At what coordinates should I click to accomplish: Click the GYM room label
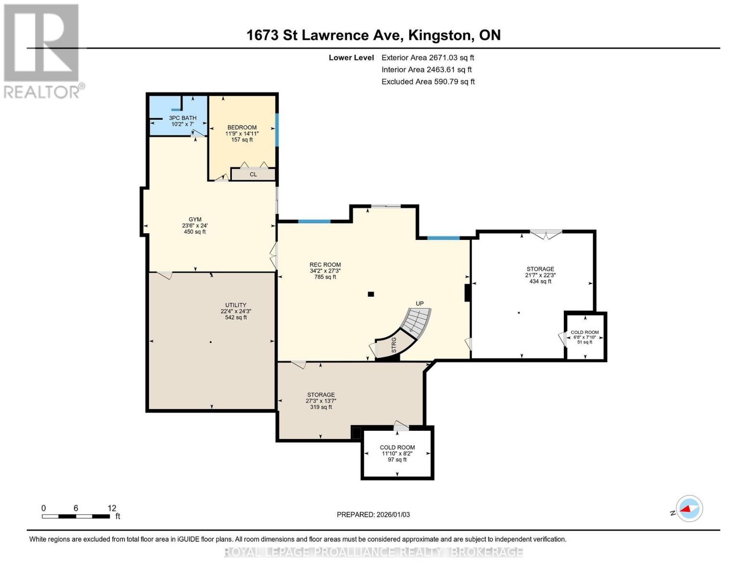[195, 219]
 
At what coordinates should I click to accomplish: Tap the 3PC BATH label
[182, 118]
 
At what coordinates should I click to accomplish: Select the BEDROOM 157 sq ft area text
[242, 139]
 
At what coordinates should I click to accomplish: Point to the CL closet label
[253, 174]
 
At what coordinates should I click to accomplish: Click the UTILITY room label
[236, 305]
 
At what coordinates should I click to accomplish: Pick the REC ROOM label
[325, 264]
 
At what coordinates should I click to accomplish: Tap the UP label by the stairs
[420, 303]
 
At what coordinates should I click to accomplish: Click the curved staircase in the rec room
[417, 324]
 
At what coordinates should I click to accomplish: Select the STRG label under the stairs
[394, 345]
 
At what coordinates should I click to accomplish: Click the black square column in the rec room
[371, 294]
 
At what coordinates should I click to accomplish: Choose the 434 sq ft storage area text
[540, 281]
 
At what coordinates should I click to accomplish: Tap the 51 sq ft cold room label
[585, 342]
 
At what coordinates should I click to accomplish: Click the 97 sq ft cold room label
[397, 460]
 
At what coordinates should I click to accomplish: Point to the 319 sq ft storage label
[321, 407]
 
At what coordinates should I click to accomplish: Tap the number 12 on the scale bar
[112, 508]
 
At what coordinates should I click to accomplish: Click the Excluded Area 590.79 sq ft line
[428, 82]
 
